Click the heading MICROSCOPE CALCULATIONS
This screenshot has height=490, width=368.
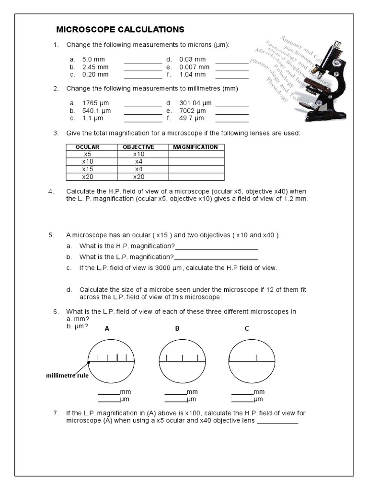pos(120,30)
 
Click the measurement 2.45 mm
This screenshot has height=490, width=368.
pos(96,67)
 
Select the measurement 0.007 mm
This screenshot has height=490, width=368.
pos(194,67)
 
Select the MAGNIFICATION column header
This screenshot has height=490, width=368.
pos(195,147)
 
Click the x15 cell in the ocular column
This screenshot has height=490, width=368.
pos(87,169)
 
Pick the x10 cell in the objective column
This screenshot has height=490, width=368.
pos(138,155)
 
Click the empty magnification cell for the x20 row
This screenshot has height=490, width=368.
pos(195,177)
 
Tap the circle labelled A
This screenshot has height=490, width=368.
pos(111,359)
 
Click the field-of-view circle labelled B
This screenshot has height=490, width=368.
pos(182,359)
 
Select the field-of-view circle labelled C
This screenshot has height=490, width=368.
pos(252,359)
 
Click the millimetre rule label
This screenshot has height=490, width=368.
pos(67,376)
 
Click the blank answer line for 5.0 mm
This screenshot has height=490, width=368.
pos(143,62)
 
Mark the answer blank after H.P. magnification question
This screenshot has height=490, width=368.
pos(217,249)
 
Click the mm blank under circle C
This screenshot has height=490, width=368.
pos(242,395)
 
